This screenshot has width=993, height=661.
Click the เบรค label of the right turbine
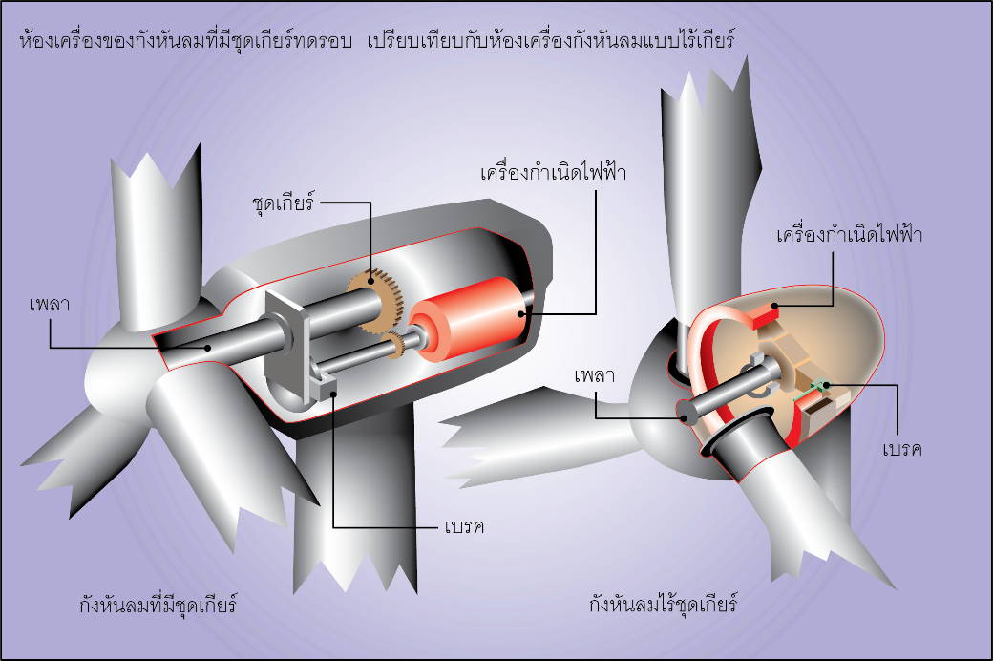[902, 448]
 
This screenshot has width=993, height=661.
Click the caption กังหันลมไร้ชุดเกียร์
[666, 605]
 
